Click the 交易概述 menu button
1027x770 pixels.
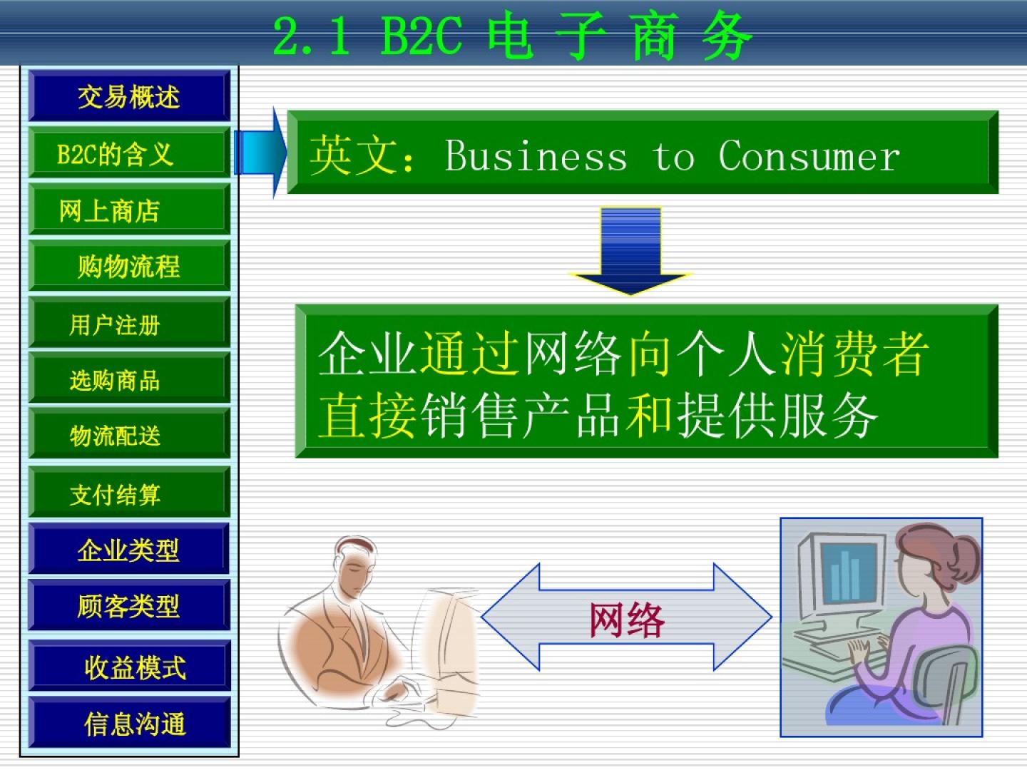[129, 96]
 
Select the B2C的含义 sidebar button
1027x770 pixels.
[129, 153]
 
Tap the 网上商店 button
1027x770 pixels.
[129, 209]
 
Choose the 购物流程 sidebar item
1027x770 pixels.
[129, 265]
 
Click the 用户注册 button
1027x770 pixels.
[129, 322]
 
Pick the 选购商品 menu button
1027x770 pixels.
[129, 378]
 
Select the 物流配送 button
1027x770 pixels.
[129, 433]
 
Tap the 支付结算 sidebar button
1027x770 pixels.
[129, 492]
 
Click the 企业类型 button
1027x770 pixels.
[129, 548]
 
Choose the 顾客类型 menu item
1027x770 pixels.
[129, 605]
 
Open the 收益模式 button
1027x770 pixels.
[129, 665]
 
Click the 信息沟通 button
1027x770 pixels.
[129, 722]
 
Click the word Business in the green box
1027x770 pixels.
[536, 155]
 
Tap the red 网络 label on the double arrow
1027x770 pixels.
[627, 620]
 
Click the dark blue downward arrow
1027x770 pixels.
[630, 252]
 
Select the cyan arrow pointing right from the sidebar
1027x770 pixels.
[260, 153]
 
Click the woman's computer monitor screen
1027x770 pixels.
[847, 572]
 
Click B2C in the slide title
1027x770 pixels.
[421, 36]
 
